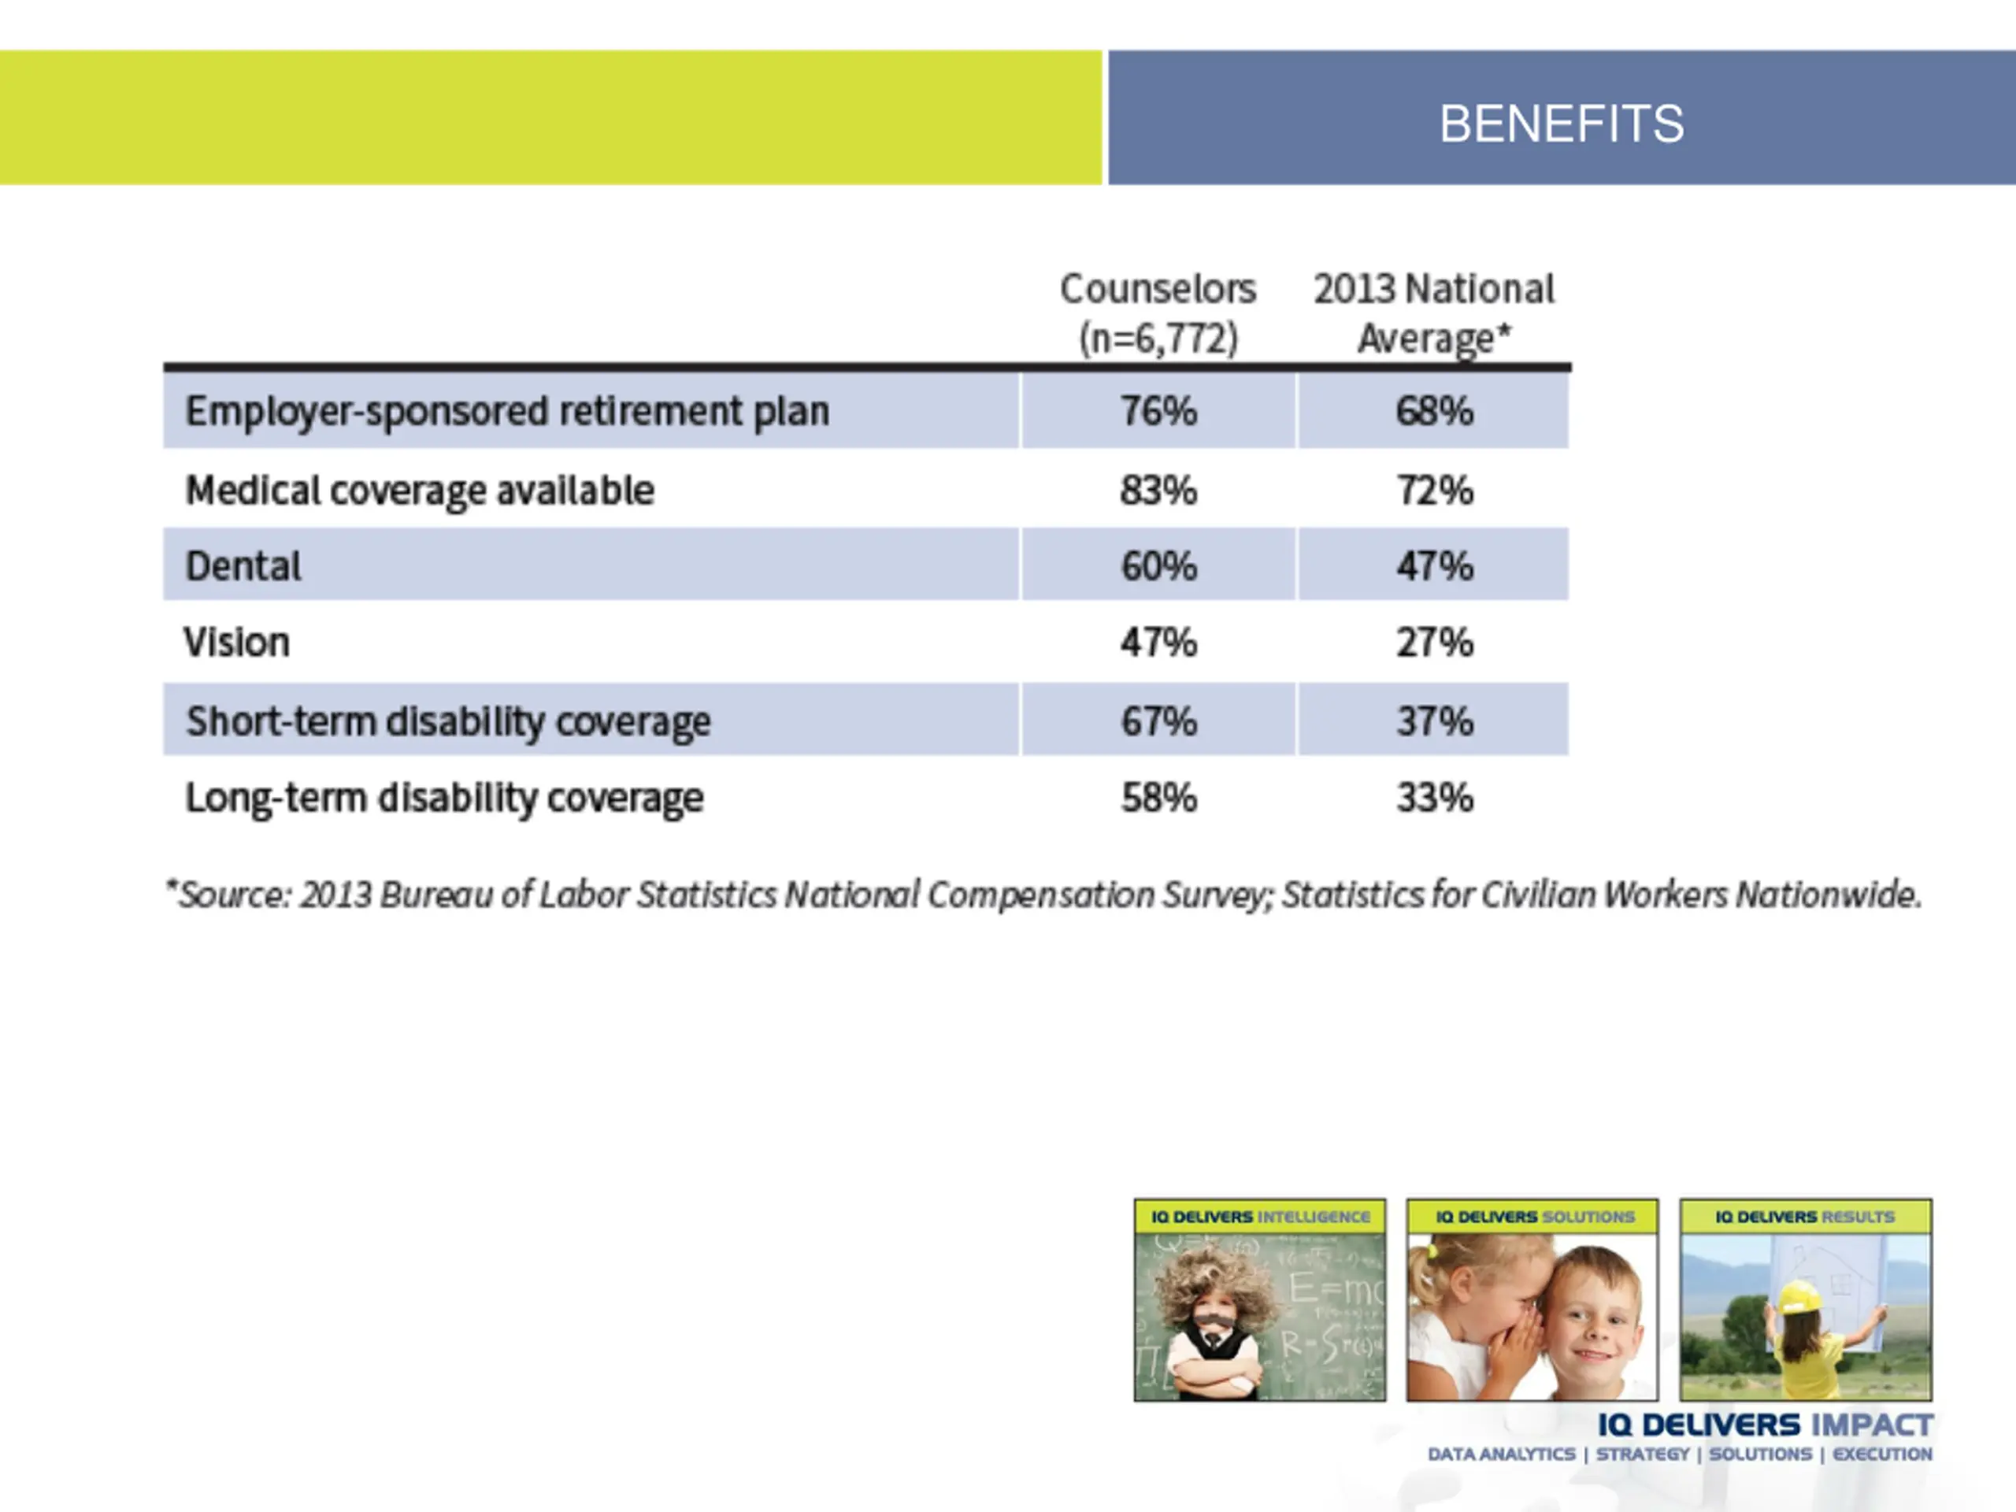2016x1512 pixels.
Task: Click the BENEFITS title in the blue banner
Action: coord(1561,124)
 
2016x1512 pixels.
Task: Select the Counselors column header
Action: coord(1158,313)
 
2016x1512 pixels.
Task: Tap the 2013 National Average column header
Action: coord(1433,313)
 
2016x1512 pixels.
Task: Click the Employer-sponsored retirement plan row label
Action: coord(506,411)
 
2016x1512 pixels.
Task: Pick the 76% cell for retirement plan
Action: coord(1158,411)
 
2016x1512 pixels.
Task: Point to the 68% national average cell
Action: coord(1435,411)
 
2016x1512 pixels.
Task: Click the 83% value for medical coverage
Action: coord(1158,491)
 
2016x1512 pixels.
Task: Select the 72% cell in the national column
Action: coord(1435,491)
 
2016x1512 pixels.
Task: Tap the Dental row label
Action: coord(243,566)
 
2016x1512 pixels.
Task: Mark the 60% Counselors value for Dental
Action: coord(1158,566)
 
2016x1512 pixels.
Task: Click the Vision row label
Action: coord(237,643)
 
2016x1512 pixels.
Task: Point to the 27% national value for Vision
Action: coord(1435,643)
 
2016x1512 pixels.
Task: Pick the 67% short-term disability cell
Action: coord(1158,721)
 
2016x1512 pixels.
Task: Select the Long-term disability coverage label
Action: coord(445,799)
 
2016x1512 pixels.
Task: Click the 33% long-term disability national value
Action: coord(1435,799)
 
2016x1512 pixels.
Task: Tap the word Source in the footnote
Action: coord(233,895)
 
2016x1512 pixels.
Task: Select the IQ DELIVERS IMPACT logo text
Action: coord(1766,1425)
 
